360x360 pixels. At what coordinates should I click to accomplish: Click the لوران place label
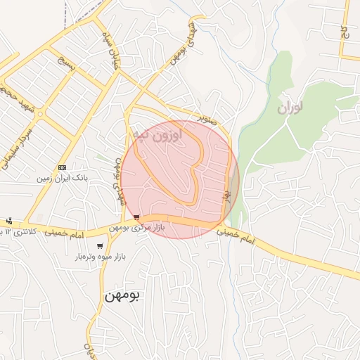coord(290,108)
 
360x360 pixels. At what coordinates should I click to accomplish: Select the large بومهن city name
coord(123,295)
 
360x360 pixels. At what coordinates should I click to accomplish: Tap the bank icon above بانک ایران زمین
coord(63,167)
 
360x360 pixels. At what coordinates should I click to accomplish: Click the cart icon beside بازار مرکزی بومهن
coord(136,217)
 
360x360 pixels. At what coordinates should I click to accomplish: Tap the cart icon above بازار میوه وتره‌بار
coord(100,246)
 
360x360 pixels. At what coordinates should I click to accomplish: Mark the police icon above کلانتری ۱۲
coord(8,221)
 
